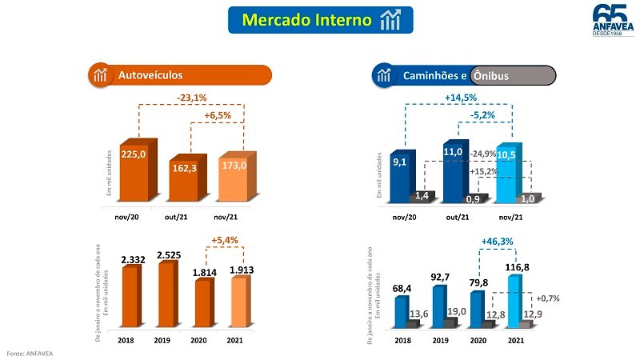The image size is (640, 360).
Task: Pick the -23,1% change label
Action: (192, 98)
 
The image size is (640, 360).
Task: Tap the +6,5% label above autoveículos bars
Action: (217, 116)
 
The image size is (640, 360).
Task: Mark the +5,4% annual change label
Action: (226, 239)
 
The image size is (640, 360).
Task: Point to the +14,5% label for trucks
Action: (461, 98)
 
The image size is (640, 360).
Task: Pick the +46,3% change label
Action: (497, 239)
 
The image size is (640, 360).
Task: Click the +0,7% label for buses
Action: (547, 298)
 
